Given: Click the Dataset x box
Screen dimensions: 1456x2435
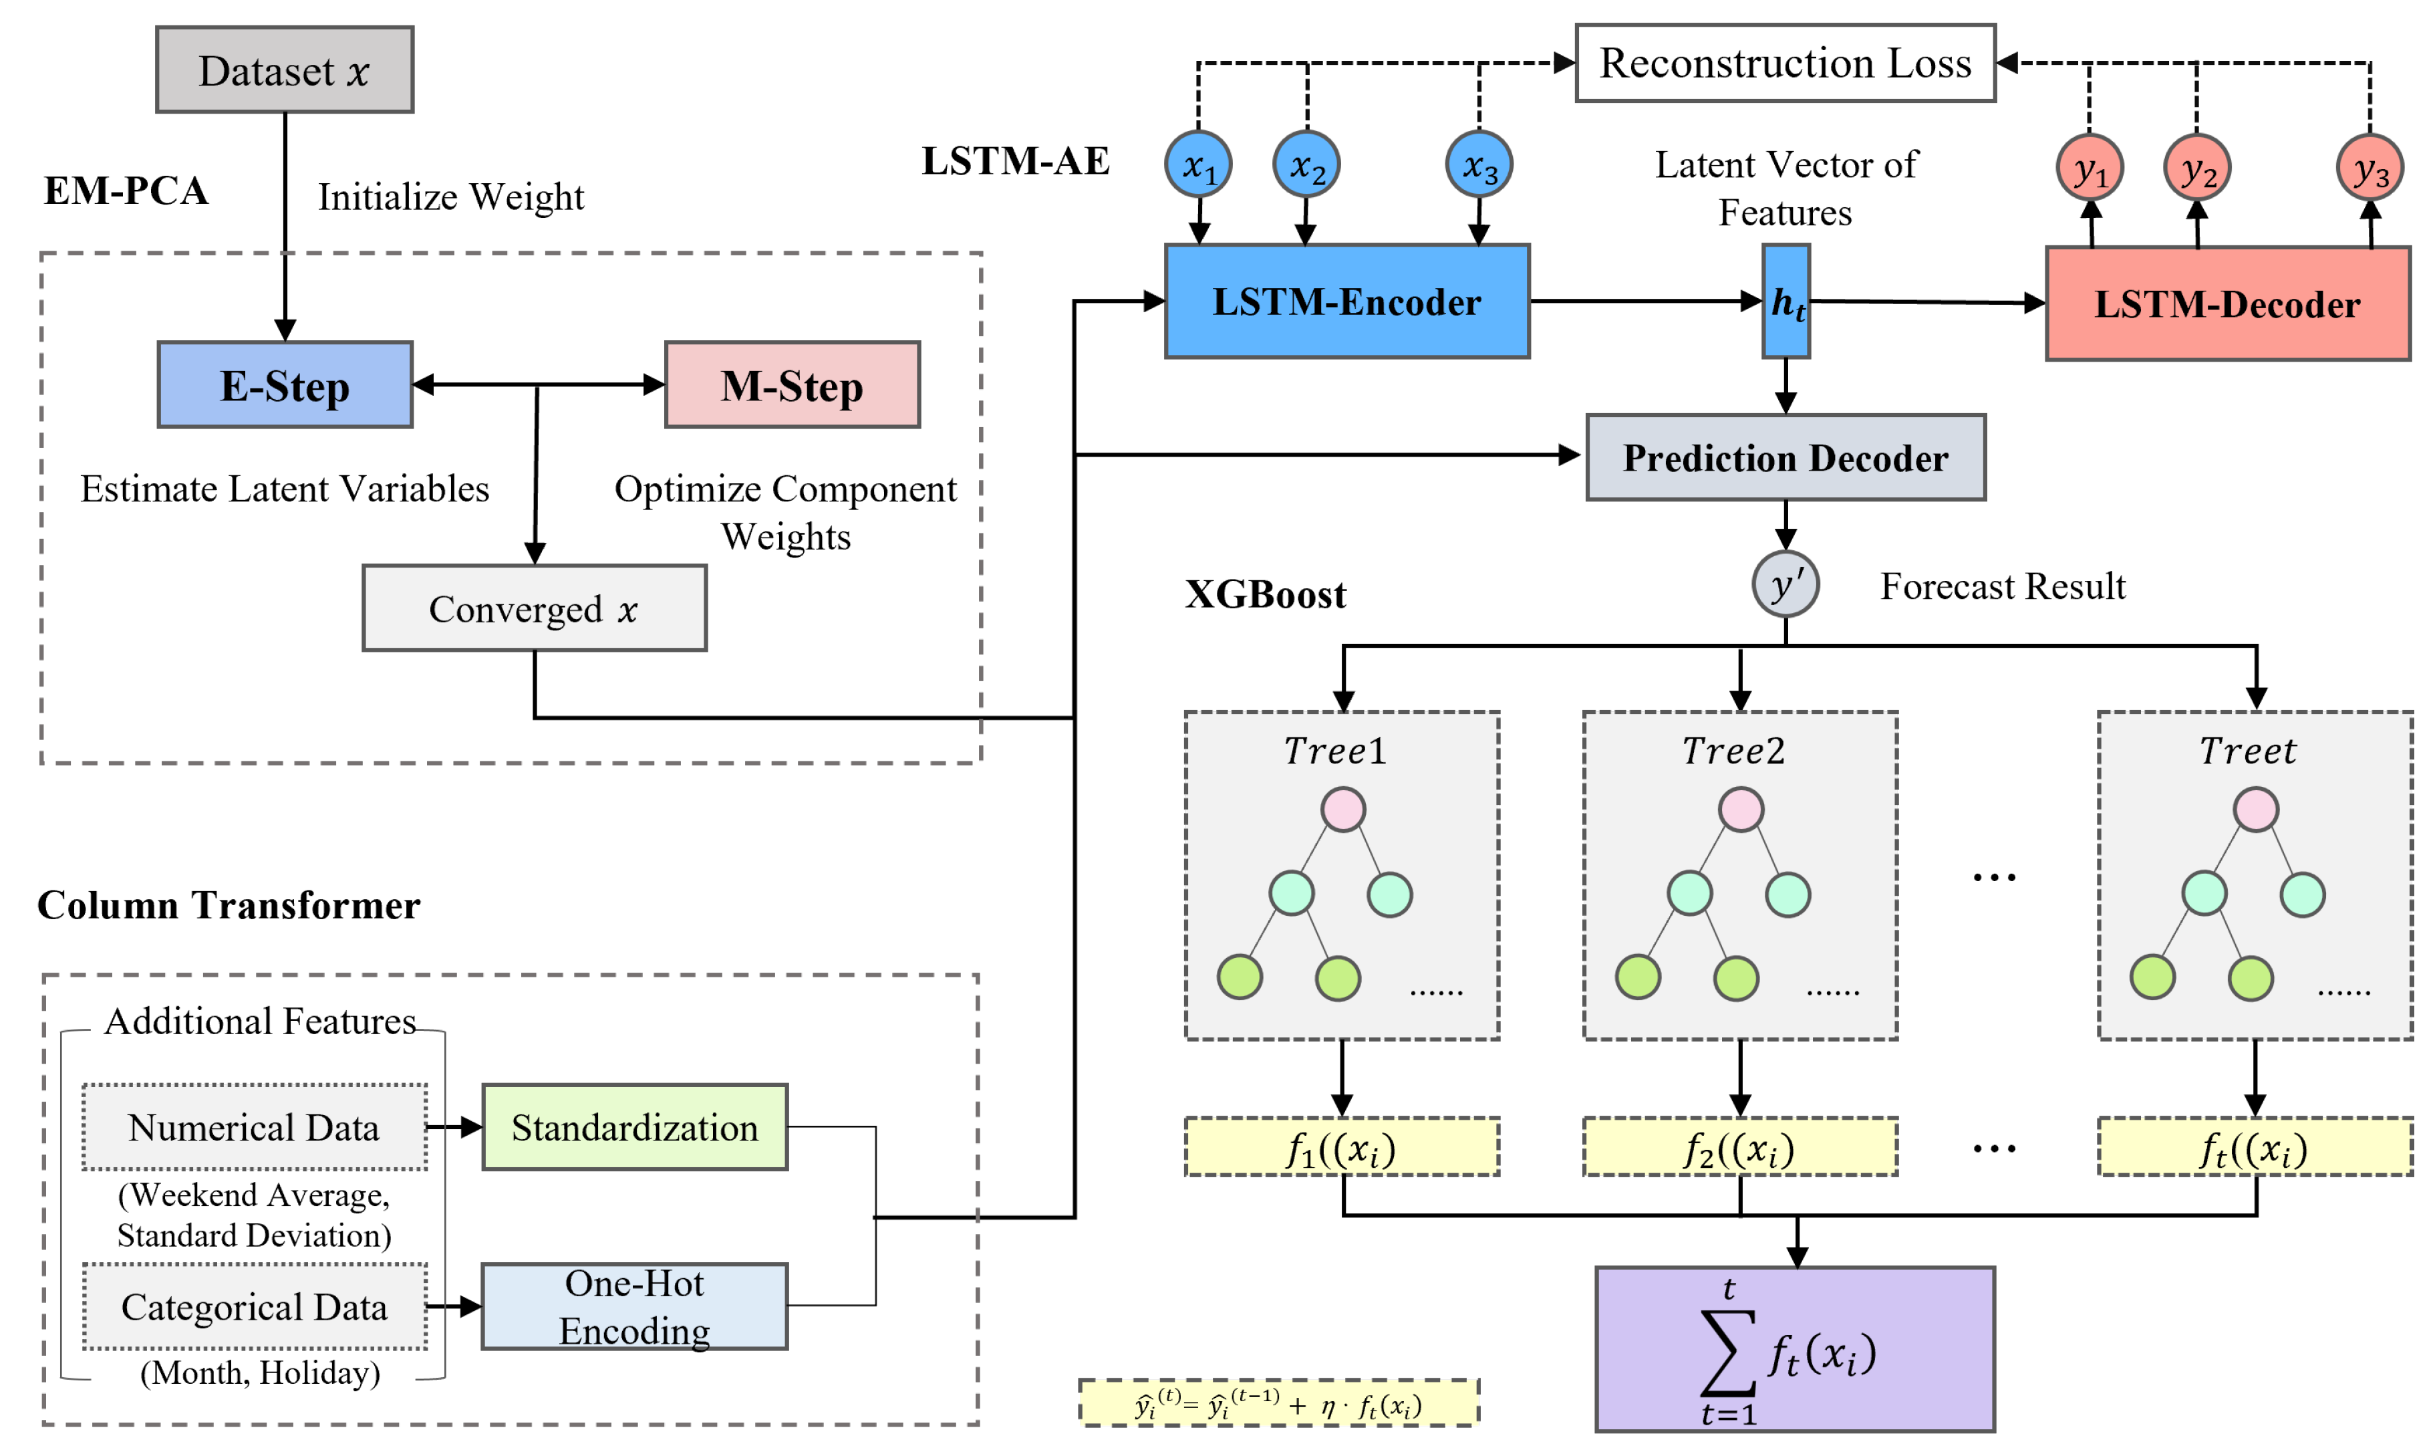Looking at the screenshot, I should pyautogui.click(x=285, y=70).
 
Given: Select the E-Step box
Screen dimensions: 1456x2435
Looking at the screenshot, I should pyautogui.click(x=285, y=384).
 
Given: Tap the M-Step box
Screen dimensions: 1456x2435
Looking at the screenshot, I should pyautogui.click(x=791, y=384).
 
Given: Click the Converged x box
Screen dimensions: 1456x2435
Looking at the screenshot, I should pyautogui.click(x=535, y=608).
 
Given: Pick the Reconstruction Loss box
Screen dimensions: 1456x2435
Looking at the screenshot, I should pyautogui.click(x=1785, y=63).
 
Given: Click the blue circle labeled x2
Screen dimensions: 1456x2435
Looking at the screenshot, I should pyautogui.click(x=1306, y=164).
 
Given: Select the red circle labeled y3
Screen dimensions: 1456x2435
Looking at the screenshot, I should pyautogui.click(x=2370, y=168).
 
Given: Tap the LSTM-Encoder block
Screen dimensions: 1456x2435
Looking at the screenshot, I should pyautogui.click(x=1346, y=301).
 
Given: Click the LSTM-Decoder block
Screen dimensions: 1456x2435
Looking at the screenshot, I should pyautogui.click(x=2227, y=304).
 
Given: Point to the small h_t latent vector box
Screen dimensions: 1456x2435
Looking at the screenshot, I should pyautogui.click(x=1785, y=301).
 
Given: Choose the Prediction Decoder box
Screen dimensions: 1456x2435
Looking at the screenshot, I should pyautogui.click(x=1785, y=457).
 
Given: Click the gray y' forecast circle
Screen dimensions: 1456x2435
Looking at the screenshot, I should pyautogui.click(x=1785, y=585).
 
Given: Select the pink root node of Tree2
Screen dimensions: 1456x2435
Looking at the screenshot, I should pyautogui.click(x=1741, y=810).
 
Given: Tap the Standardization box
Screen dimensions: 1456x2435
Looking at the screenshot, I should pyautogui.click(x=635, y=1127).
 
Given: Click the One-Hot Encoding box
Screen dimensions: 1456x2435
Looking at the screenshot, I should pyautogui.click(x=635, y=1306).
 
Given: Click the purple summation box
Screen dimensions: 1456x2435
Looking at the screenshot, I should pyautogui.click(x=1795, y=1350).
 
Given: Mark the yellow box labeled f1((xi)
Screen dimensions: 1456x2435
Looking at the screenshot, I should pyautogui.click(x=1342, y=1147).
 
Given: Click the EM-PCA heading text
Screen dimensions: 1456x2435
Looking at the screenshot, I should pyautogui.click(x=126, y=191).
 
